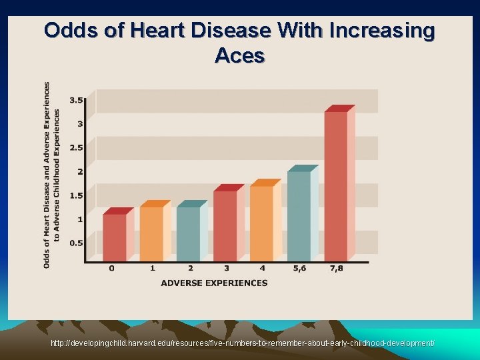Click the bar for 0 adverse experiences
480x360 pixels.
[114, 237]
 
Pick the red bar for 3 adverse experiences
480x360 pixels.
[225, 225]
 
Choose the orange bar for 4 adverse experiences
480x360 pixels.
[261, 223]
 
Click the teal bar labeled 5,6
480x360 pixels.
[299, 215]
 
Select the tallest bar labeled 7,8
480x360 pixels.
[335, 185]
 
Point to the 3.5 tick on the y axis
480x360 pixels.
[76, 100]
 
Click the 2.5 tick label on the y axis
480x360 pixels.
[76, 147]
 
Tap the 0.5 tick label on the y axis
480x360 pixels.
[76, 243]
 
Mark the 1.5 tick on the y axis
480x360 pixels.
[76, 195]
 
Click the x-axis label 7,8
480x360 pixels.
[337, 269]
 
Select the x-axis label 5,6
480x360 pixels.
[301, 269]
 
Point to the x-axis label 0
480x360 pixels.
[111, 269]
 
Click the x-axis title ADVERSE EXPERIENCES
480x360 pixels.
[214, 283]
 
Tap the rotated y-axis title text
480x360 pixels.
[51, 175]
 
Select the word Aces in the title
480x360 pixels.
[239, 56]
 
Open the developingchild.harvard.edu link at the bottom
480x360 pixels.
[243, 343]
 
